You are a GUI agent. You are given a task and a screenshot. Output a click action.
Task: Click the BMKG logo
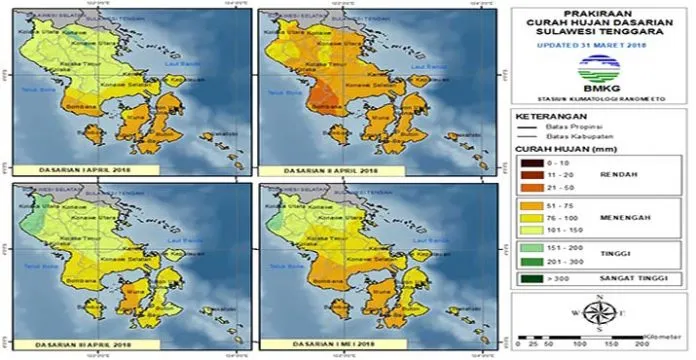[598, 70]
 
